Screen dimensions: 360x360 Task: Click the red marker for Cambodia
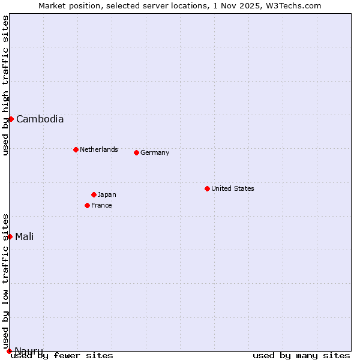(11, 119)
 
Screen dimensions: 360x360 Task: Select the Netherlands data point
(76, 149)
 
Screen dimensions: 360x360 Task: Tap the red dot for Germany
(136, 152)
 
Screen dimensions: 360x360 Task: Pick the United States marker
(207, 188)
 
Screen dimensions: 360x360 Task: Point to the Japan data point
(94, 194)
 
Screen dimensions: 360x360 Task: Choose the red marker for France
(87, 205)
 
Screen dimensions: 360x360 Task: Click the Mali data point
(10, 236)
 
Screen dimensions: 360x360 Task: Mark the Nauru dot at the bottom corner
(9, 351)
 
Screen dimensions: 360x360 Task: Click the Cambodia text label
(40, 119)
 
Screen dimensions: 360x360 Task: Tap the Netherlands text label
(99, 149)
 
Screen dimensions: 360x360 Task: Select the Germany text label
(155, 152)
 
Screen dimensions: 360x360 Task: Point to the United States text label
(233, 188)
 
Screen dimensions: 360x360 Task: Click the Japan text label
(107, 194)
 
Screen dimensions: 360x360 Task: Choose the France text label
(101, 205)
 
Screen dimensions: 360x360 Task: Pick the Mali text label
(25, 236)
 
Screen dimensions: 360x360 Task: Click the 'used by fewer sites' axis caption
(62, 356)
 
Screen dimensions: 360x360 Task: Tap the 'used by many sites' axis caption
(301, 356)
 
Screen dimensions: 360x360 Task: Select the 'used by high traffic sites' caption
(5, 85)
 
